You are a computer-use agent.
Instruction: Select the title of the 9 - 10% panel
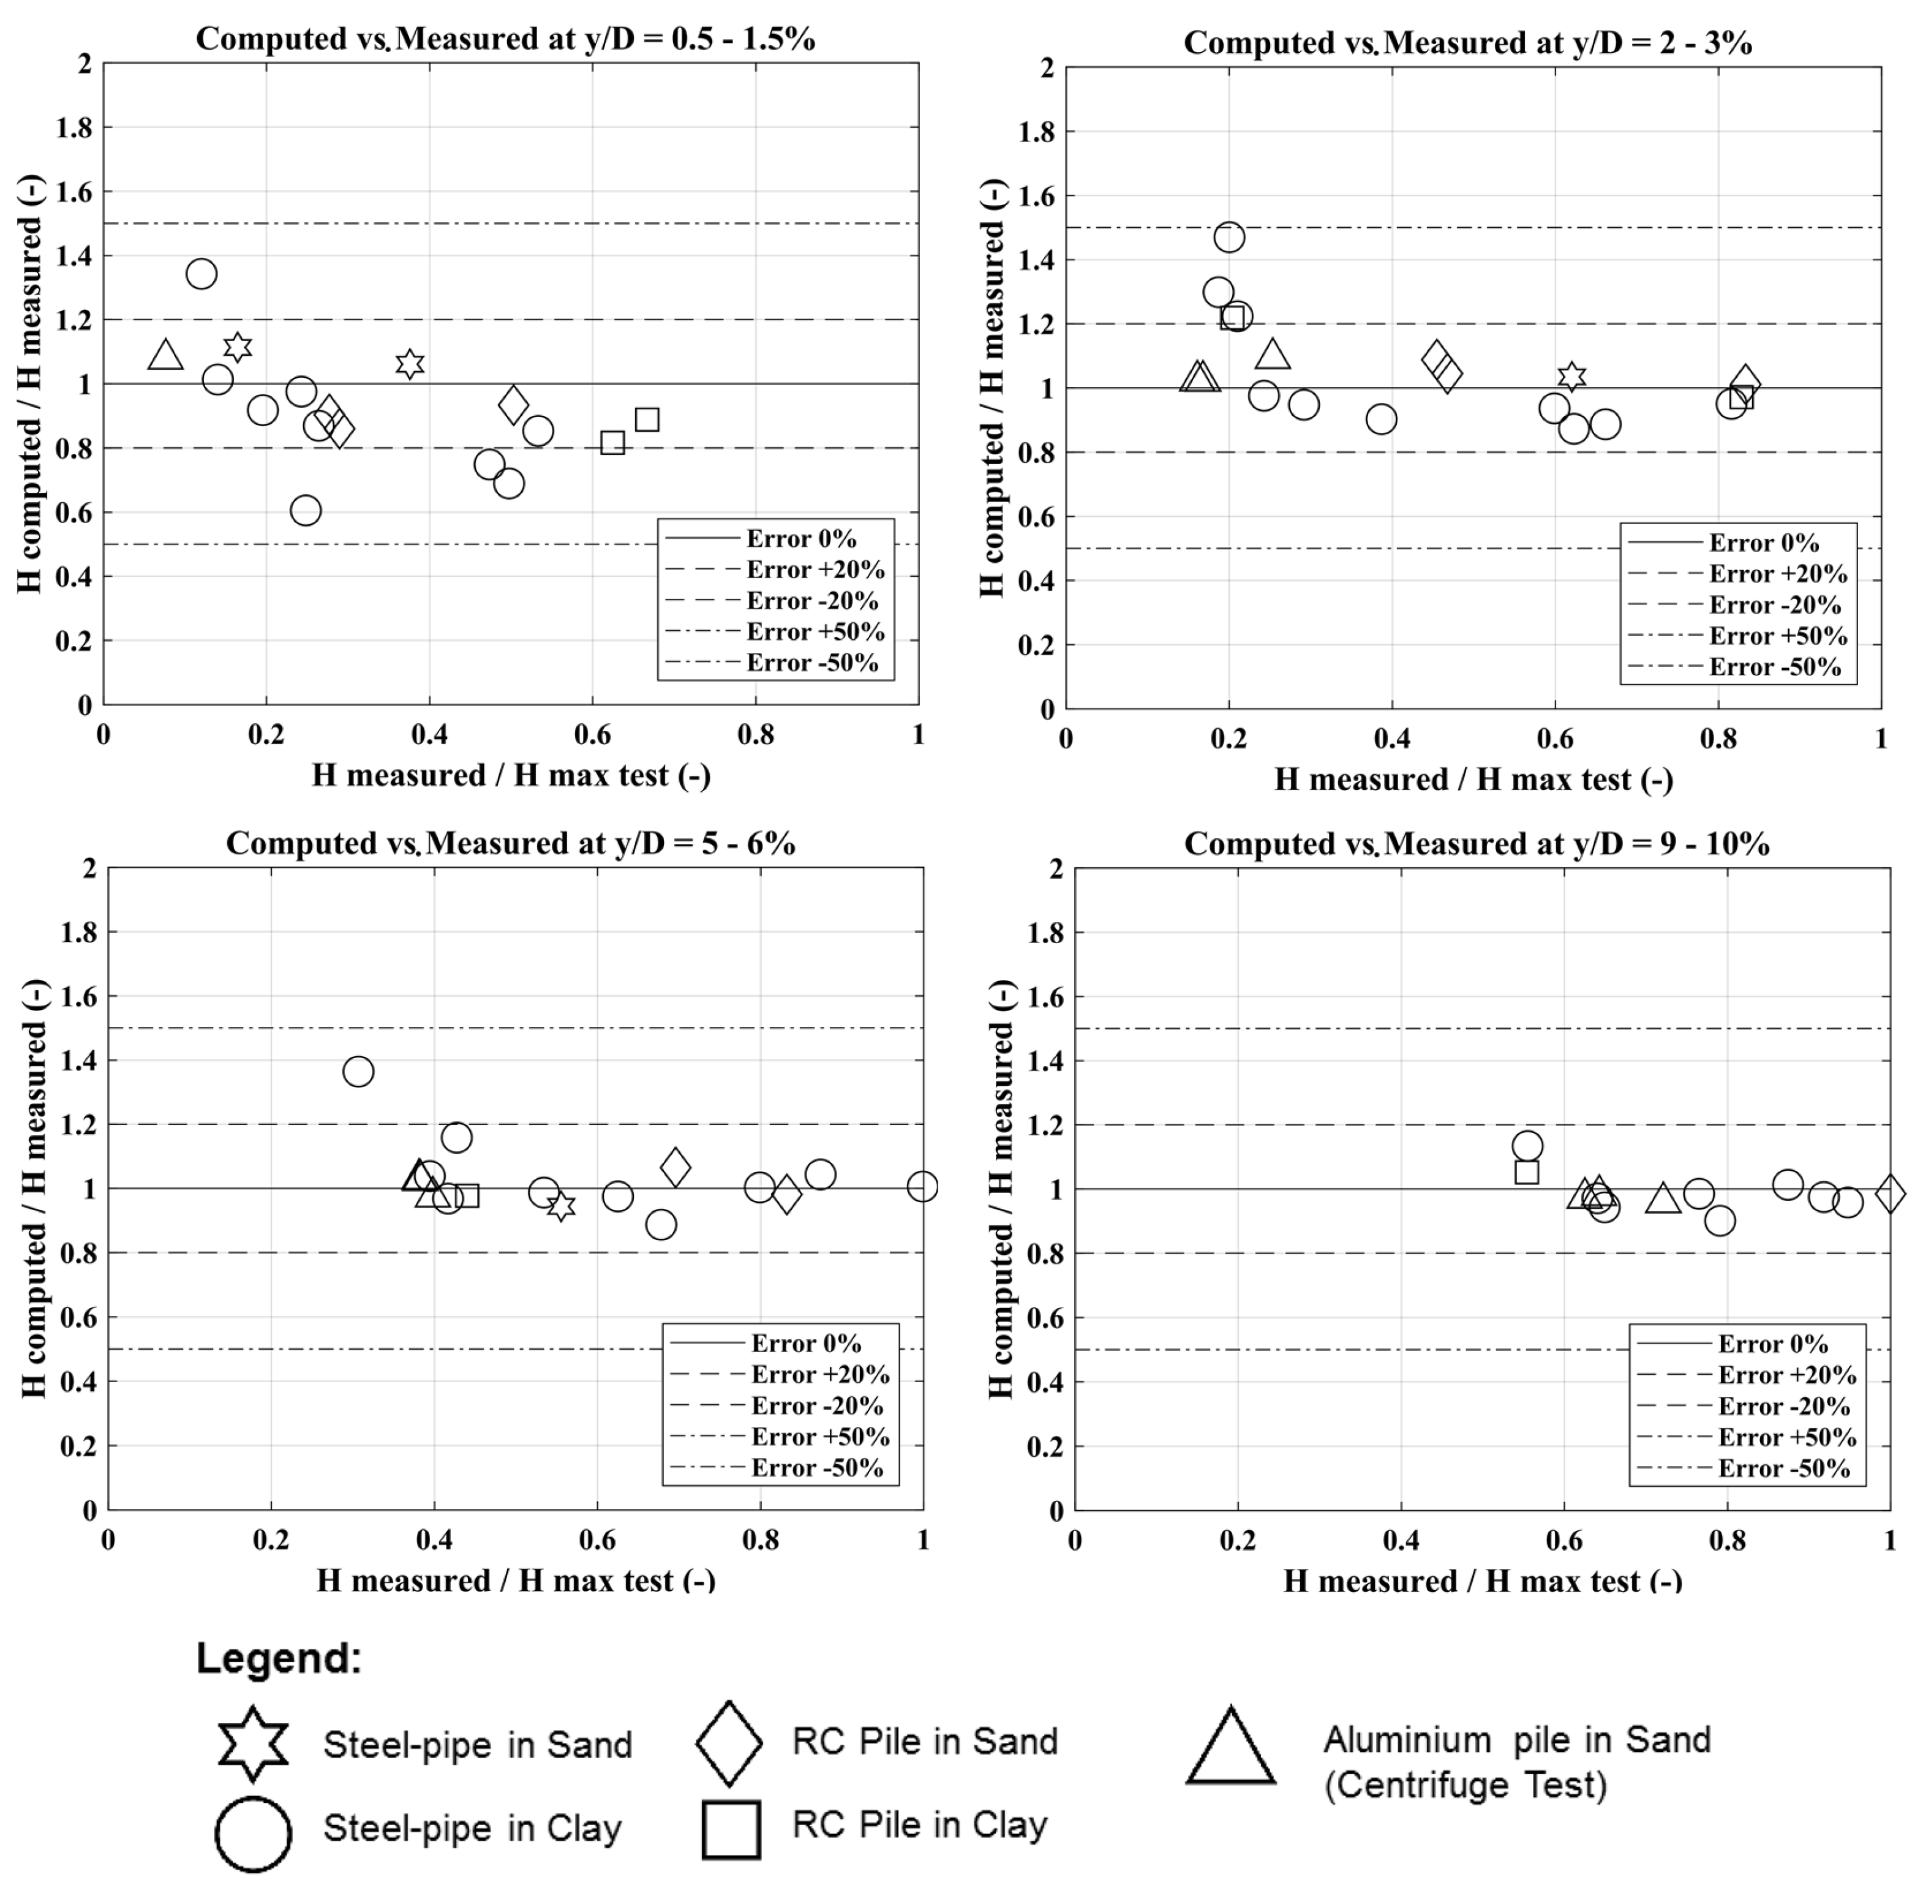click(1476, 844)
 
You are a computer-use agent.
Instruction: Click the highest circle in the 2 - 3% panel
click(1229, 237)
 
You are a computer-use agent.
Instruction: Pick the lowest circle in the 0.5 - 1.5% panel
click(306, 511)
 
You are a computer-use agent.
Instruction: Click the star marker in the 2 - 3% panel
click(1571, 376)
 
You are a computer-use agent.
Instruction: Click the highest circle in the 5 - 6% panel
click(358, 1071)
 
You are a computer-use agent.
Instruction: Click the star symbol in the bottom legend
click(254, 1744)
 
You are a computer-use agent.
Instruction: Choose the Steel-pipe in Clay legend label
click(472, 1827)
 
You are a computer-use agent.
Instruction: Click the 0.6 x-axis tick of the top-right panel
click(1554, 739)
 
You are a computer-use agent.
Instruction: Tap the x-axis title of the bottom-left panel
click(516, 1581)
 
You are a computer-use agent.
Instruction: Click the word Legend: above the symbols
click(280, 1658)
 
